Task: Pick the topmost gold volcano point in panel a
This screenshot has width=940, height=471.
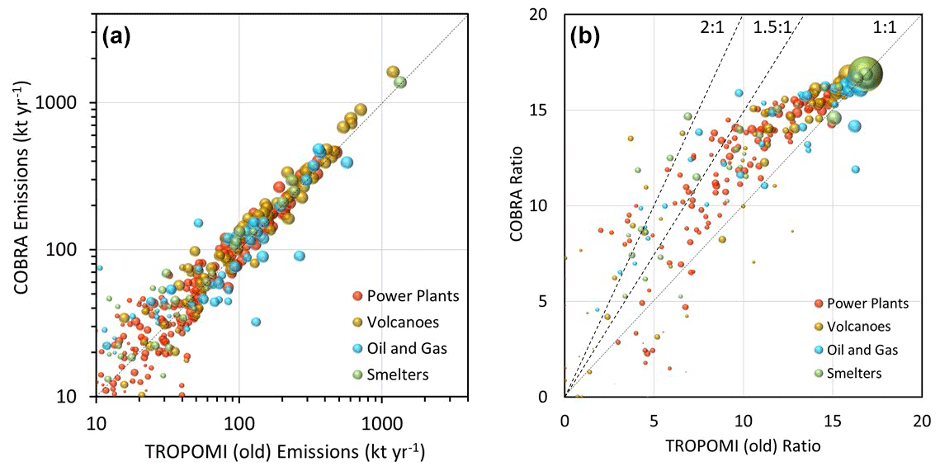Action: (393, 72)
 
